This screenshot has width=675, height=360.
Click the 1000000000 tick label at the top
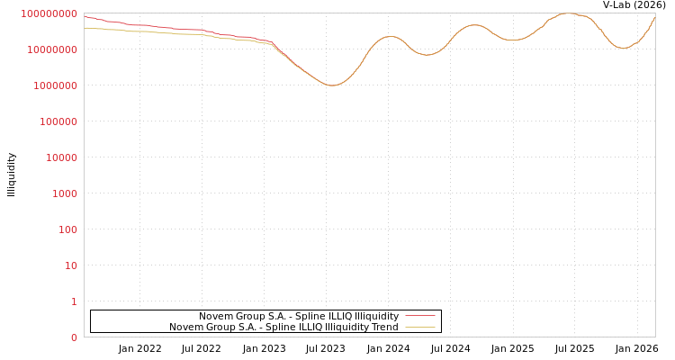[x=49, y=13]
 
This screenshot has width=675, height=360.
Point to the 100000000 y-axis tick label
[x=52, y=49]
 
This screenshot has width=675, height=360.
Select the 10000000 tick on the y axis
[x=55, y=85]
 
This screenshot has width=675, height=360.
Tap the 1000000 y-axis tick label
[x=58, y=121]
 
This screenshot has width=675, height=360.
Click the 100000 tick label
[x=60, y=157]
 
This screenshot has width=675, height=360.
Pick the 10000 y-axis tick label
[x=63, y=193]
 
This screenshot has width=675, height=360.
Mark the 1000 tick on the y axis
[x=66, y=229]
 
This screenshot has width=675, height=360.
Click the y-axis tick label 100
[x=68, y=265]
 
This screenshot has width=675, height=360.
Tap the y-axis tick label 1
[x=73, y=337]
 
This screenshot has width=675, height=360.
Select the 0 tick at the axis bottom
[x=73, y=337]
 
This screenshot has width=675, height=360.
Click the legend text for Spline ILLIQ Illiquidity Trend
[x=283, y=327]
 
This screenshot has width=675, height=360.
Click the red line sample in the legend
[x=419, y=316]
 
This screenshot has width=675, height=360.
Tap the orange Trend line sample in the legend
[x=419, y=327]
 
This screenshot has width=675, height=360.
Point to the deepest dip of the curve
[x=332, y=85]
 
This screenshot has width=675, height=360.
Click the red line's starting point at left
[x=85, y=16]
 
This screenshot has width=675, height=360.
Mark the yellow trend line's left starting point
[x=85, y=28]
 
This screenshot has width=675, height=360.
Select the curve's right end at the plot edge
[x=654, y=17]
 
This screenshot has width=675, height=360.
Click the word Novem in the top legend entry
[x=214, y=316]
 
